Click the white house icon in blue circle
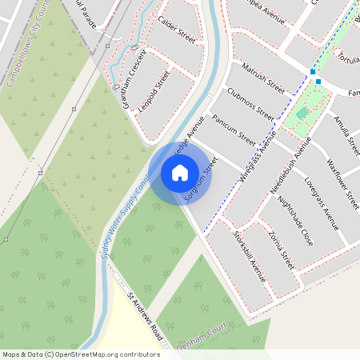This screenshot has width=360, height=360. coord(180,173)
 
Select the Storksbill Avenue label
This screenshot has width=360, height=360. coord(249,256)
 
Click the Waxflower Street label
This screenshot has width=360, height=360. coord(342,186)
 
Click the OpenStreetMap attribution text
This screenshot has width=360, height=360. coord(80,354)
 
